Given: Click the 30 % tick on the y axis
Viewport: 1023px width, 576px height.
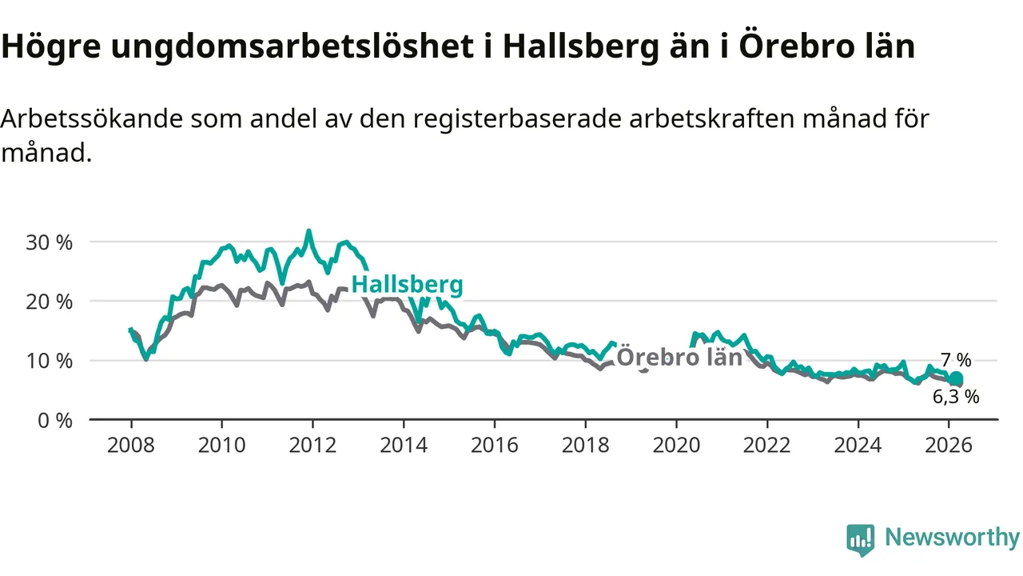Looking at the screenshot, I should [x=50, y=242].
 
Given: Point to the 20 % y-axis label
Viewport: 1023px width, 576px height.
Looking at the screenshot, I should [x=50, y=302].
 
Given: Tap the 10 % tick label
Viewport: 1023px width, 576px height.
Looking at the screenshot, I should [x=50, y=361].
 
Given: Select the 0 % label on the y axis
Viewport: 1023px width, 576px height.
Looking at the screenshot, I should [x=54, y=420].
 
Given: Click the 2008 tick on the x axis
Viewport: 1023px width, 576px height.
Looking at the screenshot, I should [x=131, y=445].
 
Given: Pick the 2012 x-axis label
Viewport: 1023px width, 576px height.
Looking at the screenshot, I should [x=312, y=445].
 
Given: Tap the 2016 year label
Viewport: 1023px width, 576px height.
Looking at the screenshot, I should [x=494, y=445].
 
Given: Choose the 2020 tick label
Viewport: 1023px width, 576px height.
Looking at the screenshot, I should [x=676, y=445].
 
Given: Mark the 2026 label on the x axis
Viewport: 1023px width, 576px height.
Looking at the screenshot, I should [x=949, y=445].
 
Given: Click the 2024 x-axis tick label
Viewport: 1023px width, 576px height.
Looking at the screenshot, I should [x=858, y=445].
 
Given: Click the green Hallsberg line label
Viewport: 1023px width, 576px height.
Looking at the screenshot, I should [x=407, y=285].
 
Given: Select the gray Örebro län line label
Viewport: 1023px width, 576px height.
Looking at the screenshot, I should [x=679, y=358].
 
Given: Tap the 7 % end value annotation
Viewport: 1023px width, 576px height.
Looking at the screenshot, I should [x=956, y=361].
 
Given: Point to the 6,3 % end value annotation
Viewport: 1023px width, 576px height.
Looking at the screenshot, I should [x=956, y=396].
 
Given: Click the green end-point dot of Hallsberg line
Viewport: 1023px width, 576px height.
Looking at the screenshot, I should [x=956, y=379].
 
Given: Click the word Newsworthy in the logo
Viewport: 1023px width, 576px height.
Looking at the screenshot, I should [x=952, y=538].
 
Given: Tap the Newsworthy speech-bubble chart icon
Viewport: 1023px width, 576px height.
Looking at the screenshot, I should [x=861, y=539].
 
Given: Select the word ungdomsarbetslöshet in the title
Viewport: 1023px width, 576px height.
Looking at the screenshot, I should [x=292, y=48].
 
